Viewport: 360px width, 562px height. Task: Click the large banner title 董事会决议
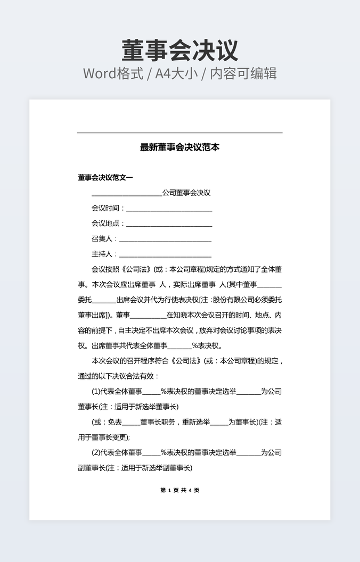[x=180, y=51]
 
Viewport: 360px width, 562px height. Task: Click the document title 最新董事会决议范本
[x=179, y=147]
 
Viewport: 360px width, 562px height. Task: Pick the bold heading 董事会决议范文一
[x=105, y=178]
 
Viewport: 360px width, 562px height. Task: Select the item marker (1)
[x=96, y=392]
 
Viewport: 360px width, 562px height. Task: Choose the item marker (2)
[x=96, y=453]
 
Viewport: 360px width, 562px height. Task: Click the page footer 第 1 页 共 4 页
[x=179, y=490]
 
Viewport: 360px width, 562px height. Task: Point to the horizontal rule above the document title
[x=179, y=133]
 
